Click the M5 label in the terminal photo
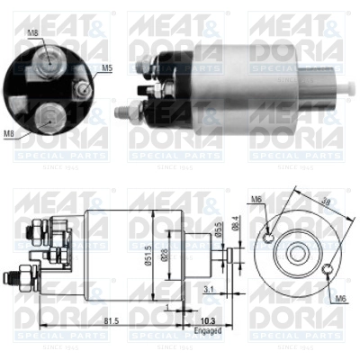tap(106, 66)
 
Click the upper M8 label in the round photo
tap(33, 33)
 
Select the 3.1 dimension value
tap(208, 288)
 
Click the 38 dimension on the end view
tap(328, 203)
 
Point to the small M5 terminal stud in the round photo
tap(82, 90)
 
